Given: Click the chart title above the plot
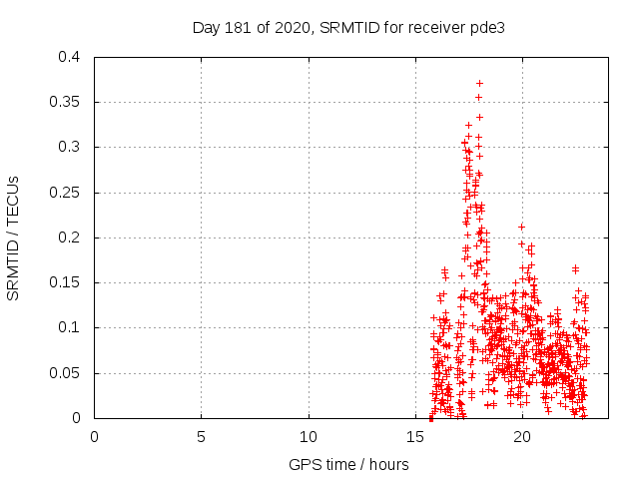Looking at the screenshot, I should [x=348, y=27].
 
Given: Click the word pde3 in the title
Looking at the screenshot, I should [x=487, y=27].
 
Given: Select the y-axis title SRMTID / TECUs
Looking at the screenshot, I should [x=14, y=238].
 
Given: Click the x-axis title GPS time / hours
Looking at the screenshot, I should [x=348, y=464].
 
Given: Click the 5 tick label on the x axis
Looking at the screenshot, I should [x=201, y=436].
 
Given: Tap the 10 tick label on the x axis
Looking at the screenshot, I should [x=309, y=436].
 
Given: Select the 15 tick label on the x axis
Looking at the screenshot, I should [x=415, y=436].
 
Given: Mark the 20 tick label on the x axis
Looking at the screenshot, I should [x=522, y=436].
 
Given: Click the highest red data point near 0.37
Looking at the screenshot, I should [x=480, y=84].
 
